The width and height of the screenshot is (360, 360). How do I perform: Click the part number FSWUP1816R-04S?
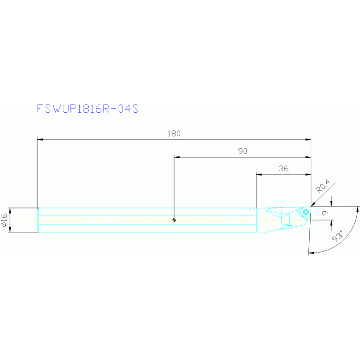pyautogui.click(x=88, y=108)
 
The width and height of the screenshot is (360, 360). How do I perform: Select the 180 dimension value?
pyautogui.click(x=174, y=133)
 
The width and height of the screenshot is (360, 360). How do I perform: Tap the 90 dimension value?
pyautogui.click(x=242, y=151)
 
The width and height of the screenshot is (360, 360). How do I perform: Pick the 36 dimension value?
pyautogui.click(x=283, y=169)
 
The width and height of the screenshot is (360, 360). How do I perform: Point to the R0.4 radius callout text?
pyautogui.click(x=323, y=187)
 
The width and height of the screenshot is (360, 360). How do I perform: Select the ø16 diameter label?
pyautogui.click(x=4, y=220)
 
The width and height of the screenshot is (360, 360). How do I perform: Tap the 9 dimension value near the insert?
pyautogui.click(x=325, y=213)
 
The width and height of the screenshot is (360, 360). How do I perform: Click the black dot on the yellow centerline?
pyautogui.click(x=174, y=220)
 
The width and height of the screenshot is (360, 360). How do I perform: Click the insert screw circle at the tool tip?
pyautogui.click(x=306, y=212)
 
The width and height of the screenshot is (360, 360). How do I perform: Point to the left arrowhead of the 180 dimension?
pyautogui.click(x=40, y=139)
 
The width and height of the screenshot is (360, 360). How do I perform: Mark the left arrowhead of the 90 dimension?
pyautogui.click(x=177, y=157)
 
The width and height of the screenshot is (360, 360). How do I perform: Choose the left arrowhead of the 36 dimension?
pyautogui.click(x=259, y=175)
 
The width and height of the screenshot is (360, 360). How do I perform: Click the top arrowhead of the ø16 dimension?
pyautogui.click(x=9, y=210)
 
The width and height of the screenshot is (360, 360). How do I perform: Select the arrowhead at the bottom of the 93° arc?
pyautogui.click(x=311, y=253)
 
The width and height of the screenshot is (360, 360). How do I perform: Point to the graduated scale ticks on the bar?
pyautogui.click(x=242, y=207)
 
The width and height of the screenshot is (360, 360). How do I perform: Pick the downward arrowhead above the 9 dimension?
pyautogui.click(x=332, y=203)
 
